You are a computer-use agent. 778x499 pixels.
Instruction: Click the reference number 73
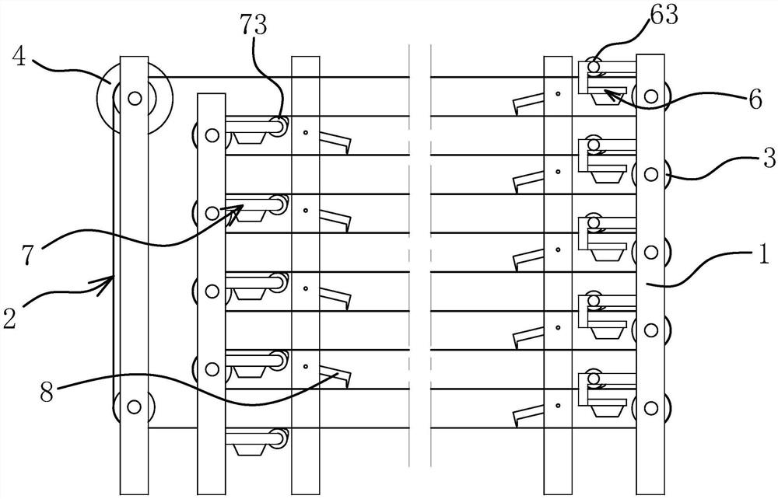254,26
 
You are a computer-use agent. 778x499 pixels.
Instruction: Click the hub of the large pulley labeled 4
135,98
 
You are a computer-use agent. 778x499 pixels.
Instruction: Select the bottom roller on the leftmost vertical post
133,406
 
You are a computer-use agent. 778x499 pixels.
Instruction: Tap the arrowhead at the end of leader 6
607,92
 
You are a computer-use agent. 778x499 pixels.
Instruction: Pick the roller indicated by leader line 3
651,173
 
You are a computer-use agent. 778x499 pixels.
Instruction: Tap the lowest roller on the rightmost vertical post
651,406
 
